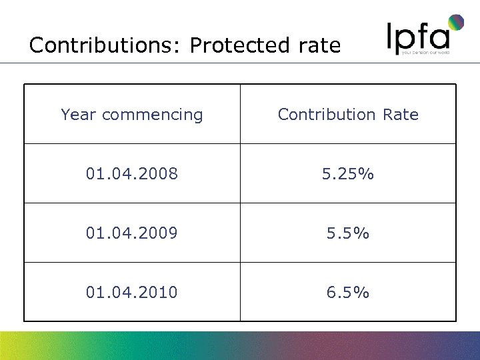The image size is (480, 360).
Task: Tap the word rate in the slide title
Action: point(316,45)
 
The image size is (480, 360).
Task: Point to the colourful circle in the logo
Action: point(456,23)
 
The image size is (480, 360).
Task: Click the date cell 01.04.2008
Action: point(131,174)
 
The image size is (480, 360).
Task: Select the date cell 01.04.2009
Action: point(131,233)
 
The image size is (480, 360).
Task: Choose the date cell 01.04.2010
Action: point(131,292)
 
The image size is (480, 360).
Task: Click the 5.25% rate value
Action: point(347,174)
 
